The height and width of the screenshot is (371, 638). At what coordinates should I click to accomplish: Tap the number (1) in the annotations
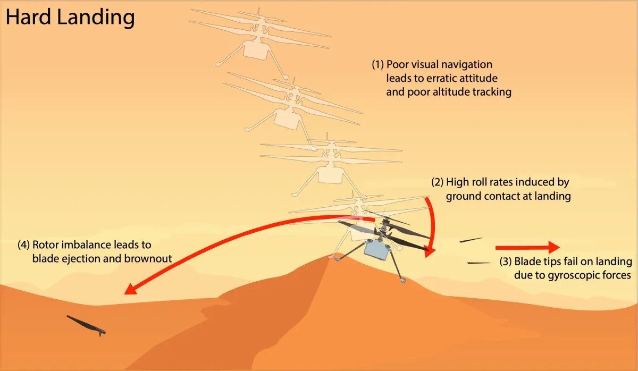pos(377,65)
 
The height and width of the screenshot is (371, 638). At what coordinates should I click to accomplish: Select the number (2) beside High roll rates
pos(437,182)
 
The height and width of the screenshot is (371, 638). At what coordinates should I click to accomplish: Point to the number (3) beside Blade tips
pos(506,262)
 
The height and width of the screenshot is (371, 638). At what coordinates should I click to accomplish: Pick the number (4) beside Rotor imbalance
pos(24,245)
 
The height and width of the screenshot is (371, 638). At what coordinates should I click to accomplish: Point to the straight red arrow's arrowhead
pos(553,248)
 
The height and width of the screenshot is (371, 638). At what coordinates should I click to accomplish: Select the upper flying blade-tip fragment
pos(471,240)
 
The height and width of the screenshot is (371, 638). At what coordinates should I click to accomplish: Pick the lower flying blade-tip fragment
pos(479,262)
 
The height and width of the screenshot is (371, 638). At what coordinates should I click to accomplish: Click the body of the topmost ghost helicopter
pos(257,49)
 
